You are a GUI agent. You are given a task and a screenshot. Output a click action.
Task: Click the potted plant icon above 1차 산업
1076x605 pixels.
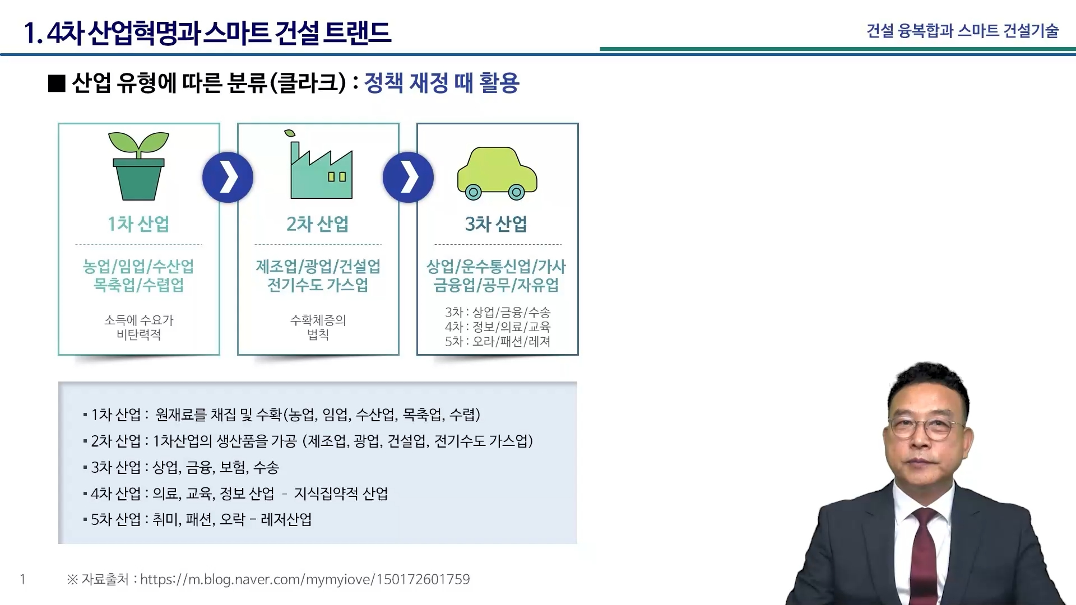tap(138, 166)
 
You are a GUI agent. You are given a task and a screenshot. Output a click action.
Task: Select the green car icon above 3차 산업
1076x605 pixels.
tap(497, 174)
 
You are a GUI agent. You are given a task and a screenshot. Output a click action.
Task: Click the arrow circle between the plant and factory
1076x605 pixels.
tap(228, 178)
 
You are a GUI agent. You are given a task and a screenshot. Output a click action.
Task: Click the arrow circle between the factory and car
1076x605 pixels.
tap(408, 178)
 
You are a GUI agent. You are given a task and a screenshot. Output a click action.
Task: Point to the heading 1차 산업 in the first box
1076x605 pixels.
tap(138, 224)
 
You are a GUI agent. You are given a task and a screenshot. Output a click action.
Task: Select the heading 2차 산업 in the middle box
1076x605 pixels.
tap(318, 224)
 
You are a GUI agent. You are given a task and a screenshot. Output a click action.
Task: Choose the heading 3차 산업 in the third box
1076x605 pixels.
tap(497, 224)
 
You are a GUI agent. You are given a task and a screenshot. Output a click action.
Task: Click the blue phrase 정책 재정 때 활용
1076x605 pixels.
tap(442, 83)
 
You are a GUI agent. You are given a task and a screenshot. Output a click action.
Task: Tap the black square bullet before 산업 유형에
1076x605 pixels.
tap(57, 83)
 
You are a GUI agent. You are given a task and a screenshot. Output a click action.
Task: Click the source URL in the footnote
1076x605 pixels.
tap(305, 579)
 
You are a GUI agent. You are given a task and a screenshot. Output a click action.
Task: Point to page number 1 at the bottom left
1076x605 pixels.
tap(22, 579)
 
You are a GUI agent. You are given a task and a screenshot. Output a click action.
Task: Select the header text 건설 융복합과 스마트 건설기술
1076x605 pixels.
tap(963, 30)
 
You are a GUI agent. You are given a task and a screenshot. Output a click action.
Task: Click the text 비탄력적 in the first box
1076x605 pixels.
tap(139, 335)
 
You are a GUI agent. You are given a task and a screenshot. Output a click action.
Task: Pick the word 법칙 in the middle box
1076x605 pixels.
tap(318, 335)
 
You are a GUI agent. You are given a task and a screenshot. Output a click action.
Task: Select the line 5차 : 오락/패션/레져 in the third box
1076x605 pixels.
tap(498, 341)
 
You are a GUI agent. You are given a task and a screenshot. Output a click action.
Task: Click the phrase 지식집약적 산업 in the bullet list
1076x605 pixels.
tap(341, 494)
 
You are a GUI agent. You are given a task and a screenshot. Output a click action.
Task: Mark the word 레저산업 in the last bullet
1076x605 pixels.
tap(286, 520)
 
